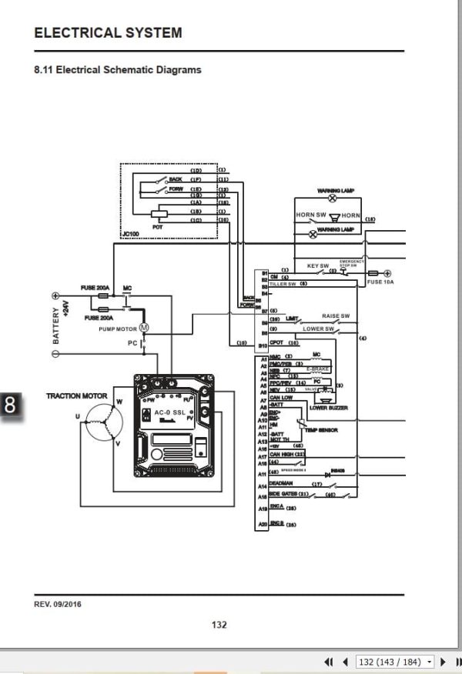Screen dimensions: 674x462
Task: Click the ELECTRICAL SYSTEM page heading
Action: pos(109,33)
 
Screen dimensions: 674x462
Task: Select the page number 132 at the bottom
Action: pos(219,624)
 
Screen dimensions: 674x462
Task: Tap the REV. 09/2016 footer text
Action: pos(58,604)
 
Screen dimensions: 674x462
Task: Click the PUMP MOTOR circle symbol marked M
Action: pos(142,328)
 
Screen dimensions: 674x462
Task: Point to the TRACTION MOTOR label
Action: pos(77,395)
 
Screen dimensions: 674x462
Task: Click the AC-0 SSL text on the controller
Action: pos(169,412)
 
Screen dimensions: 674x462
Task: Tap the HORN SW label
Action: pos(310,215)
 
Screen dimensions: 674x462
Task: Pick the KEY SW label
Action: pos(318,266)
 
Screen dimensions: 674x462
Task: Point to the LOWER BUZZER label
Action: pos(329,408)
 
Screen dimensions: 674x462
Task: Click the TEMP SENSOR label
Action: pos(321,430)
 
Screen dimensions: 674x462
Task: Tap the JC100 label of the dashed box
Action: pos(132,233)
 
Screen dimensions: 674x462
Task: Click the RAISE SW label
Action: pos(336,316)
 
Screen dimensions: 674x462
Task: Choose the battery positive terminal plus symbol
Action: pos(55,295)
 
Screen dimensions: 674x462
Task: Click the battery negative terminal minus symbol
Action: pos(55,353)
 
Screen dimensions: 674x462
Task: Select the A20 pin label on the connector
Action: pos(263,523)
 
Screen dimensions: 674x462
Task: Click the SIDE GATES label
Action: pos(283,494)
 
